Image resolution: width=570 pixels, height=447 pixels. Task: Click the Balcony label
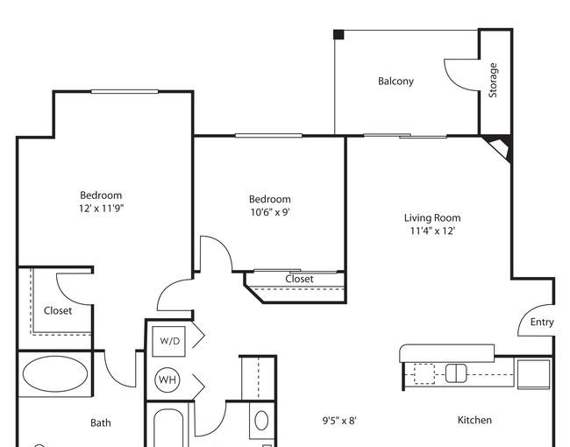pos(395,81)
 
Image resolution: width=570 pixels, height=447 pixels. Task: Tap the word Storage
pos(493,81)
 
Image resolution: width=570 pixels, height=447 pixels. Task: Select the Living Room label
pos(432,217)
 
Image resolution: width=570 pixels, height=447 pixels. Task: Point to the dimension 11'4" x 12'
pos(432,231)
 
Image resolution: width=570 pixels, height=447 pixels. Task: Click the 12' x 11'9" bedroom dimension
pos(102,209)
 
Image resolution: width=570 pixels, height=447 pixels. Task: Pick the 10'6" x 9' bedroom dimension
pos(270,212)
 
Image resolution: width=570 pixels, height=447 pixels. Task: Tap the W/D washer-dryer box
pos(168,341)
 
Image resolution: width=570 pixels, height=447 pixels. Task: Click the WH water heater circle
pos(167,380)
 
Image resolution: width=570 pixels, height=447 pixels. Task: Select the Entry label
pos(542,322)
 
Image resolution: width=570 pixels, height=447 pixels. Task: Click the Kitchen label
pos(474,420)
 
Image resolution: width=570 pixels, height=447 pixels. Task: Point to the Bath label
pos(101,422)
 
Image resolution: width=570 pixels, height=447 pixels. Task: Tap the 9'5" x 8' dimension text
pos(339,421)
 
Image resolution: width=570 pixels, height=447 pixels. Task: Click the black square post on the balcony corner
pos(338,34)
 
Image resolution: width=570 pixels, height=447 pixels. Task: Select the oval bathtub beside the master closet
pos(55,374)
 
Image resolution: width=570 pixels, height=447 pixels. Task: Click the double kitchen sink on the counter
pos(456,373)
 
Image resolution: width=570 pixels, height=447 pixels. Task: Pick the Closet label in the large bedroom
pos(57,311)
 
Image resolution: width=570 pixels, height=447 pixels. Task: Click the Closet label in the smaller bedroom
pos(299,279)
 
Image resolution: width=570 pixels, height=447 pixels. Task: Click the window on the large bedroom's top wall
pos(125,91)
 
